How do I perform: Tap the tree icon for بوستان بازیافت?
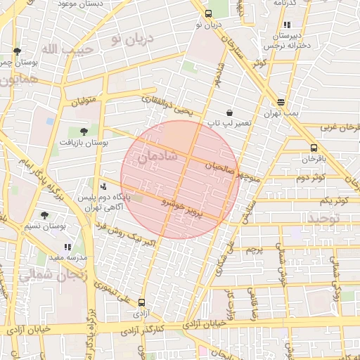(x=84, y=131)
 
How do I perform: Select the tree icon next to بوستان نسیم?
(x=45, y=215)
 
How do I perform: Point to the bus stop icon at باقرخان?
(x=314, y=148)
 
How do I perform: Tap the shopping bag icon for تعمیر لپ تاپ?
(x=229, y=112)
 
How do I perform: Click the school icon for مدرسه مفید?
(x=67, y=247)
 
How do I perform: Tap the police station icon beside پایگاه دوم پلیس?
(x=104, y=186)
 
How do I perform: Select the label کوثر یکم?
(x=333, y=201)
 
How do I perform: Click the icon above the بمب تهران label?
(x=281, y=102)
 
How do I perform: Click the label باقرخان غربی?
(x=340, y=128)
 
